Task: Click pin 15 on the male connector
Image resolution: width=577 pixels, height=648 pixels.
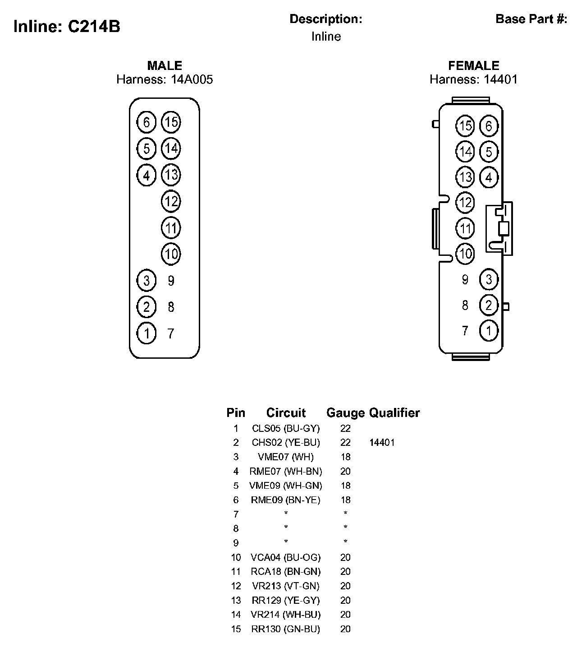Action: pyautogui.click(x=171, y=122)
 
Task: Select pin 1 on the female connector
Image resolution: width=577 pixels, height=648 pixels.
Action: pyautogui.click(x=489, y=331)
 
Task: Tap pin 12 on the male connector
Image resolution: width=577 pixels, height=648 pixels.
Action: pyautogui.click(x=171, y=201)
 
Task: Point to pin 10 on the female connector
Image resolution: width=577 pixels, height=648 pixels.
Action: pyautogui.click(x=465, y=254)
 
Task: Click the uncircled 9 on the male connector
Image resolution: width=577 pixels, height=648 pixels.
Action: pyautogui.click(x=171, y=281)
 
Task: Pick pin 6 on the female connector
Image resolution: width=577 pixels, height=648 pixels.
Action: pyautogui.click(x=489, y=125)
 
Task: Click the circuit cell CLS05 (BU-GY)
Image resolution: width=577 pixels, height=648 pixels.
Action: pyautogui.click(x=286, y=428)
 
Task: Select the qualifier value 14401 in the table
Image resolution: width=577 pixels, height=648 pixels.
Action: pyautogui.click(x=382, y=443)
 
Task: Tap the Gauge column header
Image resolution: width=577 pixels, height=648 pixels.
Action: pyautogui.click(x=345, y=413)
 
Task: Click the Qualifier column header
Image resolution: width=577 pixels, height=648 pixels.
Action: pyautogui.click(x=394, y=413)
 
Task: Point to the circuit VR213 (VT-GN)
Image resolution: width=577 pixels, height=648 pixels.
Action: pyautogui.click(x=286, y=586)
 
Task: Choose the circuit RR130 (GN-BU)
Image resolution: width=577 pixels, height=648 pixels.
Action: pyautogui.click(x=286, y=629)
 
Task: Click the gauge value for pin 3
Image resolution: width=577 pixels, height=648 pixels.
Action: pyautogui.click(x=345, y=457)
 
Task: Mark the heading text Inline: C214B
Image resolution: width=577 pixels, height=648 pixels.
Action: pyautogui.click(x=67, y=27)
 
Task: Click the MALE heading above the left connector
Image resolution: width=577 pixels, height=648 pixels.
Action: pyautogui.click(x=165, y=66)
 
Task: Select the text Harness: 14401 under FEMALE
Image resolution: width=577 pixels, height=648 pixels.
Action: pyautogui.click(x=473, y=80)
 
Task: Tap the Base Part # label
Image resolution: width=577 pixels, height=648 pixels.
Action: pyautogui.click(x=531, y=19)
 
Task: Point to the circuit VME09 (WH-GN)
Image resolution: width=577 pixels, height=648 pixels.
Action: pyautogui.click(x=286, y=486)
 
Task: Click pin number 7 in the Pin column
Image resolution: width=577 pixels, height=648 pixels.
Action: pyautogui.click(x=236, y=514)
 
